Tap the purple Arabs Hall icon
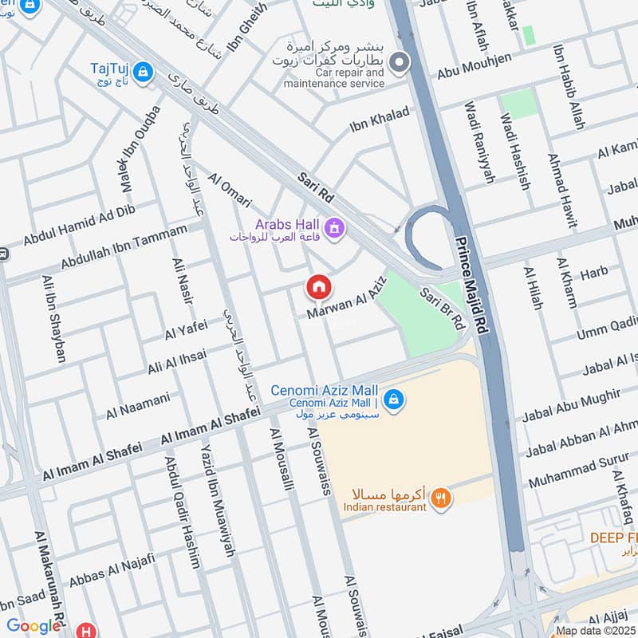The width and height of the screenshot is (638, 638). point(336,229)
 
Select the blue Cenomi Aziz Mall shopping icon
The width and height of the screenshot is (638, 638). point(392,397)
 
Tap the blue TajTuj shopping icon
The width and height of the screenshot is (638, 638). point(143,71)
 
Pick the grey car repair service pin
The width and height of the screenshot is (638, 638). point(400,61)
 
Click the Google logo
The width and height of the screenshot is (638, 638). point(33,626)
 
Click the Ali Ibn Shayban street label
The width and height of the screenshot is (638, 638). point(53,318)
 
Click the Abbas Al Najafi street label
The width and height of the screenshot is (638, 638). point(109,577)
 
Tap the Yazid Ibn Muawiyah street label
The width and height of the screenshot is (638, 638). point(218,500)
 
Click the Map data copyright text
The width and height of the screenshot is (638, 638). point(596,630)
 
